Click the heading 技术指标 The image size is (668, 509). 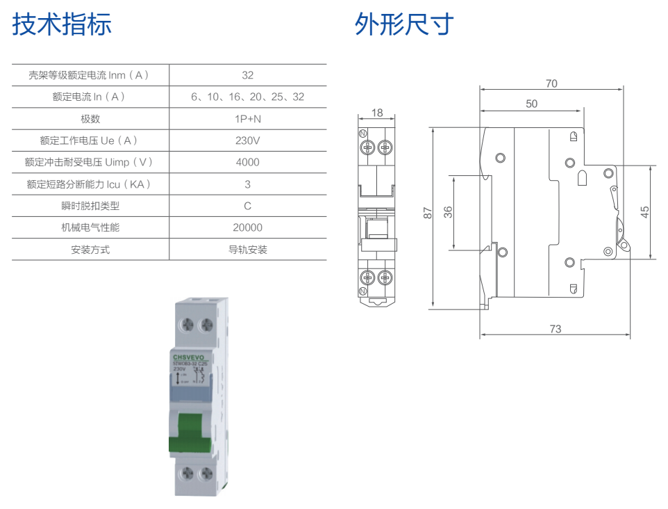pyautogui.click(x=62, y=24)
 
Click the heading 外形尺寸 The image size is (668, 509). pyautogui.click(x=404, y=24)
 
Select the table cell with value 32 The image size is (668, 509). pyautogui.click(x=248, y=75)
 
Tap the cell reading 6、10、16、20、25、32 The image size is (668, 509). pyautogui.click(x=248, y=97)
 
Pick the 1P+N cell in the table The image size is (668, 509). pyautogui.click(x=248, y=119)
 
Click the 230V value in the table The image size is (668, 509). pyautogui.click(x=248, y=140)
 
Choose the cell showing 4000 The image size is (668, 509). pyautogui.click(x=248, y=162)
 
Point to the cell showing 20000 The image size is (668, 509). pyautogui.click(x=248, y=227)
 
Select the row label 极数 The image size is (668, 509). pyautogui.click(x=90, y=119)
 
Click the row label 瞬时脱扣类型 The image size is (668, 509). pyautogui.click(x=90, y=206)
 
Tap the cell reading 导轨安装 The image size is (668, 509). pyautogui.click(x=248, y=250)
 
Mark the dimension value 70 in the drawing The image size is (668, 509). pyautogui.click(x=551, y=83)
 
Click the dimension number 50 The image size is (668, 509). pyautogui.click(x=531, y=104)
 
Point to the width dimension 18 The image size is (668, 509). pyautogui.click(x=377, y=113)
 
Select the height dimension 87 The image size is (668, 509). pyautogui.click(x=428, y=213)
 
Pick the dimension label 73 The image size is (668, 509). pyautogui.click(x=556, y=329)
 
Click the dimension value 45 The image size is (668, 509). pyautogui.click(x=645, y=212)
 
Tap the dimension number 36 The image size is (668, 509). pyautogui.click(x=448, y=212)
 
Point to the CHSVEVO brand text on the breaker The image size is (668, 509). pyautogui.click(x=191, y=356)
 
